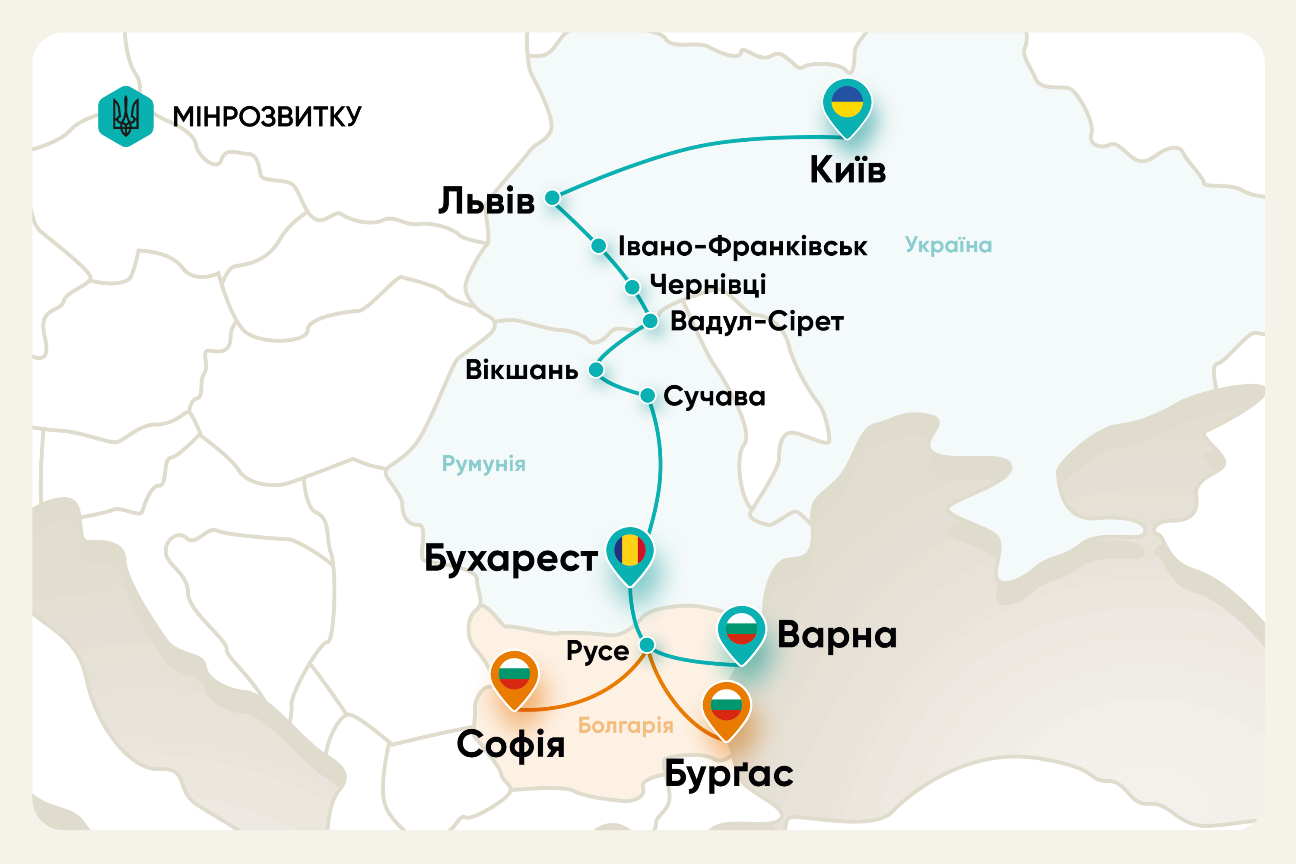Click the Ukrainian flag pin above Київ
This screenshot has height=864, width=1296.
pos(847,105)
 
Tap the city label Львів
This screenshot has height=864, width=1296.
pos(486,201)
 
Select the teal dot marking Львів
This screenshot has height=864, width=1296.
pos(552,197)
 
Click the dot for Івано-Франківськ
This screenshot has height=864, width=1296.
pos(598,245)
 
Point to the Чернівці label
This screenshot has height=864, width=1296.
pos(708,285)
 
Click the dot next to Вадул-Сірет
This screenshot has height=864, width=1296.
pos(650,321)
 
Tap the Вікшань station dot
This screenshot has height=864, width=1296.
pos(596,369)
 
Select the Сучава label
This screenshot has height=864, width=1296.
pos(714,396)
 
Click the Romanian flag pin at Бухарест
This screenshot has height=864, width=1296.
pos(630,552)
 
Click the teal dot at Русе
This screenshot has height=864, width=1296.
pos(647,645)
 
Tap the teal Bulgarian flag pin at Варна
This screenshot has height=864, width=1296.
pos(741,631)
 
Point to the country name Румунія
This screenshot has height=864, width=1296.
pos(483,464)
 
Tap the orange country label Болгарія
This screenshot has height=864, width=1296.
pos(626,725)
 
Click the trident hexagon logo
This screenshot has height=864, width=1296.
pos(126,116)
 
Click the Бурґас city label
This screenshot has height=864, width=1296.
pos(728,774)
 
